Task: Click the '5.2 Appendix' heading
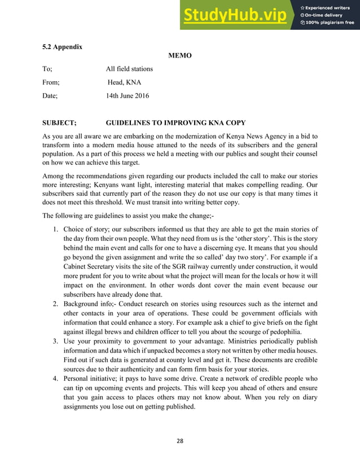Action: (62, 46)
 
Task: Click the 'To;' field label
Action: (47, 69)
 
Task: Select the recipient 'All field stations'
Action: (129, 69)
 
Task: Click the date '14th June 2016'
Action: (128, 96)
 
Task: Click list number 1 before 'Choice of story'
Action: (55, 229)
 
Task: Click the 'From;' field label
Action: (51, 82)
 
